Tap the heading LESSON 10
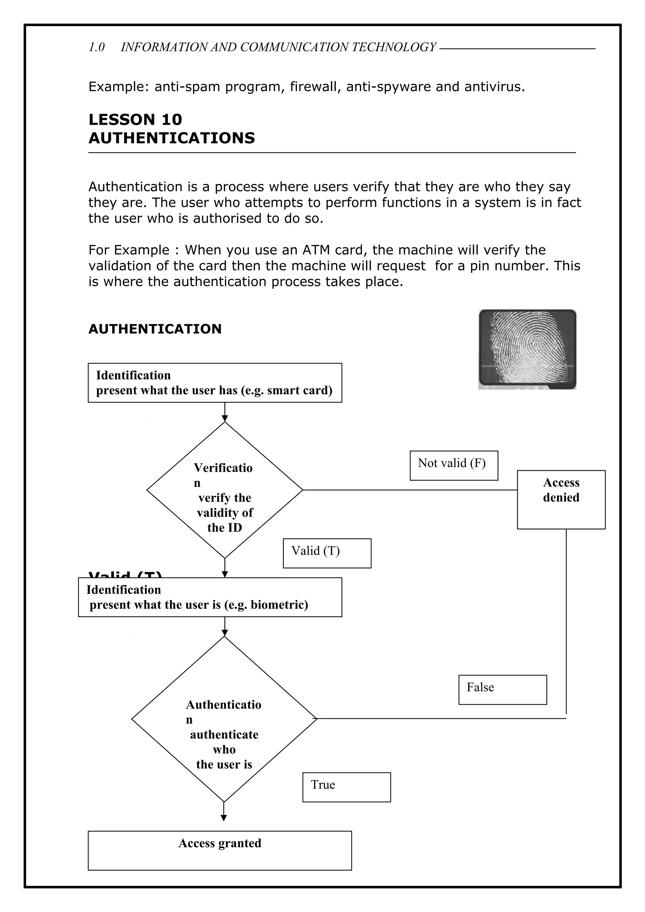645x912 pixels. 135,120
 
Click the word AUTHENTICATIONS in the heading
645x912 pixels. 172,138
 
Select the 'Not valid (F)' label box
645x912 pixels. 454,465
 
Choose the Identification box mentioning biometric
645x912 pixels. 210,597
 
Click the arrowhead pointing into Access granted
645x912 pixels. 224,818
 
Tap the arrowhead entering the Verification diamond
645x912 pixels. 225,418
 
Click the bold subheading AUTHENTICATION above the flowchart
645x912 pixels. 155,329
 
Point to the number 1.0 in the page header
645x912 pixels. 96,47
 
